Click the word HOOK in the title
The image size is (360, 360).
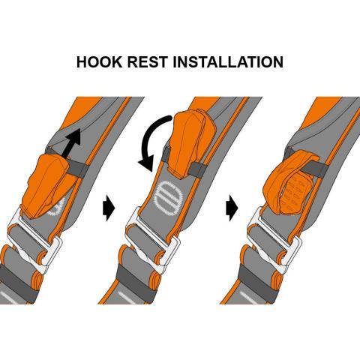[x=99, y=61]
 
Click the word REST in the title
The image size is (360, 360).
[x=147, y=61]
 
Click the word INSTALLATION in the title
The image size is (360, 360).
[x=228, y=61]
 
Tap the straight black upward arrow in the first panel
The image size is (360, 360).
[x=71, y=143]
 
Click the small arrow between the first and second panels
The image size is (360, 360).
[x=109, y=208]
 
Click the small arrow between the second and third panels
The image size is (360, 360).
[x=232, y=208]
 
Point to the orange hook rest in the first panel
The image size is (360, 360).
[x=47, y=186]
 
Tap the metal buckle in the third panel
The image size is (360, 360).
[x=275, y=240]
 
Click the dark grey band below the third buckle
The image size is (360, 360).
[x=257, y=277]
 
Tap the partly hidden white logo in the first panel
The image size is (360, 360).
[x=57, y=208]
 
